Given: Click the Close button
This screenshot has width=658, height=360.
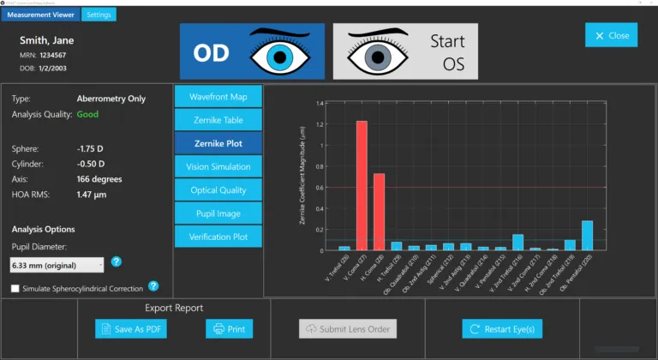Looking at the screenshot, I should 611,35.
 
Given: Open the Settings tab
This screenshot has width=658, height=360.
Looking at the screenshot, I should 99,15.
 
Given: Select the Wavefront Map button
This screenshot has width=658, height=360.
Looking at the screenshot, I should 218,96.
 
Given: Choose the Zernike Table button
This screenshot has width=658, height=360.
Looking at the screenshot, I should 218,119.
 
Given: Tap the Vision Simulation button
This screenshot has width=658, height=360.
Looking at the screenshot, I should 218,165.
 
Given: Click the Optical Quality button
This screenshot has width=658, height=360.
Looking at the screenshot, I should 218,189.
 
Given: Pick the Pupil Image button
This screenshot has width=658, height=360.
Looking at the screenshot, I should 218,213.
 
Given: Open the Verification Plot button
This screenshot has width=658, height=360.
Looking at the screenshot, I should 218,236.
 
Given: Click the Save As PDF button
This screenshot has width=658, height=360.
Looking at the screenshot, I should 130,328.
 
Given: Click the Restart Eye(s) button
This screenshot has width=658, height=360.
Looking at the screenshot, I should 502,328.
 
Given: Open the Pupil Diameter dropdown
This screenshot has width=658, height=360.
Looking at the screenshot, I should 57,265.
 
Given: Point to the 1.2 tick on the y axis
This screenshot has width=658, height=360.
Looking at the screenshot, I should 320,123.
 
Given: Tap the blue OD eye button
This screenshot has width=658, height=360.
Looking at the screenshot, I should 252,51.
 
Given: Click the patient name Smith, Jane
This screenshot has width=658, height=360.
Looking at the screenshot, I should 46,39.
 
